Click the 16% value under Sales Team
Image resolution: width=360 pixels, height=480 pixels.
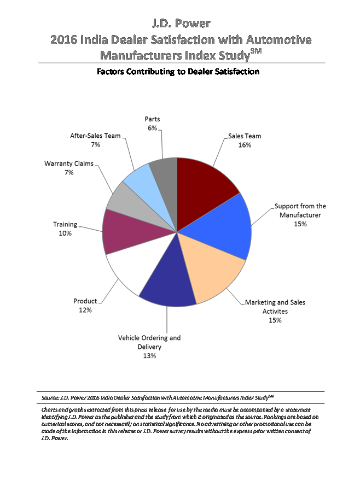pos(245,145)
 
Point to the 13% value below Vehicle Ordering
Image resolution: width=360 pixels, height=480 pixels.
pos(149,356)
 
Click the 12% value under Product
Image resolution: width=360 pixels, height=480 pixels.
pos(85,310)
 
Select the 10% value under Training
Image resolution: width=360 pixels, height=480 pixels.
pos(66,233)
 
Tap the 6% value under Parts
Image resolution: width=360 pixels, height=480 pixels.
pos(152,128)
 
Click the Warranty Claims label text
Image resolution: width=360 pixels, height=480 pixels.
pos(69,163)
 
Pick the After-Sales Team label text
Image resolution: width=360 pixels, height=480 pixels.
pos(95,136)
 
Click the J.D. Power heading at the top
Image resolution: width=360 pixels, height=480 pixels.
pos(180,24)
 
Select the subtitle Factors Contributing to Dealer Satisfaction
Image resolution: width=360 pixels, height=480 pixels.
pos(178,72)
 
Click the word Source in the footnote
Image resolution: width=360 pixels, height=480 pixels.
pos(50,396)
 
